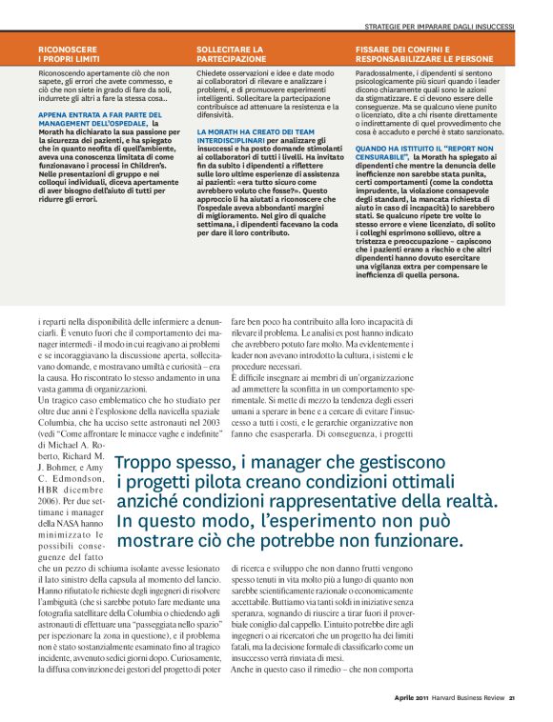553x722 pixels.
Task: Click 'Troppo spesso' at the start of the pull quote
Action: (169, 464)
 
